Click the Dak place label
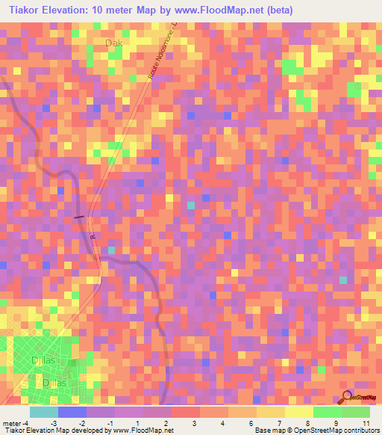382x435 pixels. (x=113, y=43)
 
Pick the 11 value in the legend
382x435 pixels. (x=366, y=422)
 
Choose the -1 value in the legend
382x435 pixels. (x=110, y=422)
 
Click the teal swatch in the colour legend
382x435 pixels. (x=43, y=411)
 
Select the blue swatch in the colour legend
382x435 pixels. (x=72, y=411)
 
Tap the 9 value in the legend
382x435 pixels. (x=337, y=422)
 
